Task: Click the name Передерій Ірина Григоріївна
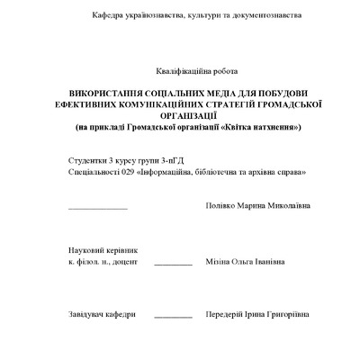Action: point(257,314)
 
